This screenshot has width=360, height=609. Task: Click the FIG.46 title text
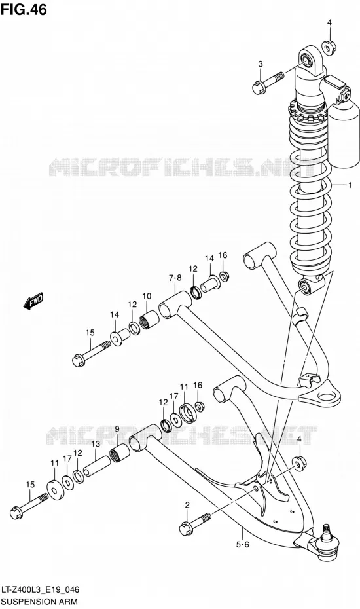tap(24, 10)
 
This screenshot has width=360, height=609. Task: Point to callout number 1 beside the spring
tap(350, 185)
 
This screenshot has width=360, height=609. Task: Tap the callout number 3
tap(261, 64)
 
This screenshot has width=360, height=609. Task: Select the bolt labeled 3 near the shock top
tap(266, 82)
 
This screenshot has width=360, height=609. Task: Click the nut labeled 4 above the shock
tap(329, 47)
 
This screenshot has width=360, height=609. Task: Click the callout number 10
tap(147, 297)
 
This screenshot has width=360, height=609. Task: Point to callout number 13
tap(96, 444)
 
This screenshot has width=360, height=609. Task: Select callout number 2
tap(187, 506)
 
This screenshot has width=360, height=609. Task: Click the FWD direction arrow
tap(34, 301)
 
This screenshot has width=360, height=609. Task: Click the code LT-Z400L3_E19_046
tap(41, 591)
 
